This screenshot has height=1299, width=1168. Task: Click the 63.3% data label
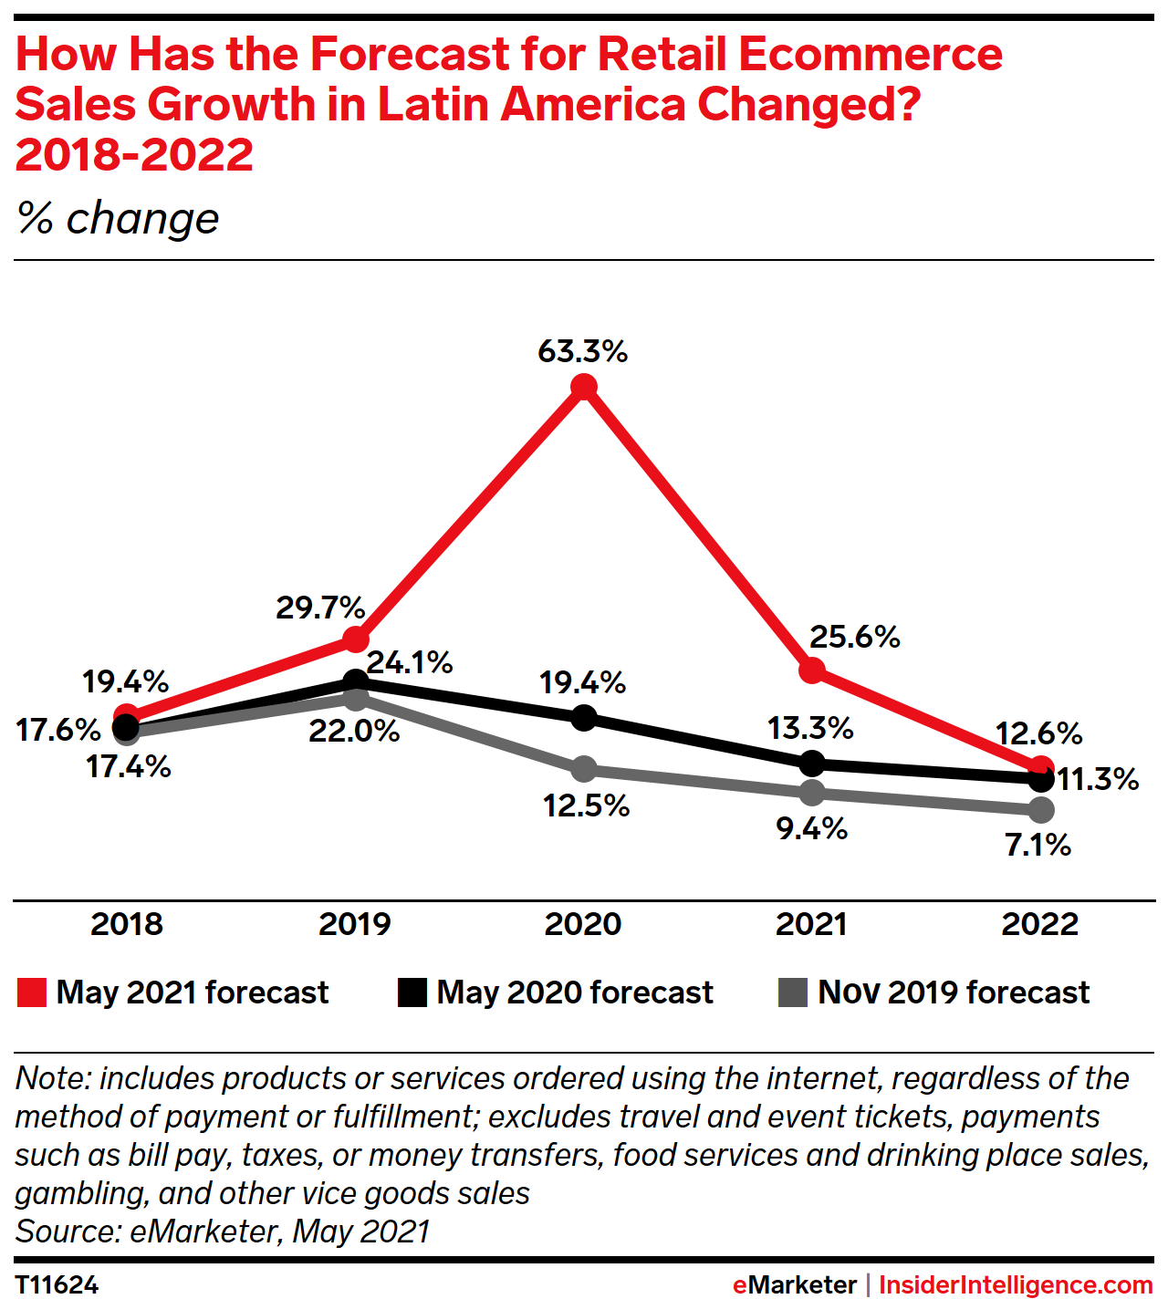(582, 351)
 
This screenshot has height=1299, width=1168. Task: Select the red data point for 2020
(584, 388)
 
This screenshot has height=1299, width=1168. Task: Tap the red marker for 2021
(811, 670)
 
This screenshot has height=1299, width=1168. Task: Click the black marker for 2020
(584, 718)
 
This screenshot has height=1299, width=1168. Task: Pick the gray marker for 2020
(584, 769)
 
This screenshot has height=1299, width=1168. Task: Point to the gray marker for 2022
(1040, 809)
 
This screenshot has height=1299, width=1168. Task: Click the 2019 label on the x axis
(355, 924)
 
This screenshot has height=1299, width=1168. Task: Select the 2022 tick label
(1040, 924)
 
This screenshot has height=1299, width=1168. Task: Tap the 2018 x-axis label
(127, 924)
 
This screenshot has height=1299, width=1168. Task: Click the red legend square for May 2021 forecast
(32, 992)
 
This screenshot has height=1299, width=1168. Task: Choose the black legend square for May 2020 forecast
(412, 992)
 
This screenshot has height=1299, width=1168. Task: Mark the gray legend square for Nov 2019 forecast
(793, 992)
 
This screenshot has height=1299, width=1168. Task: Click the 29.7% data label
(320, 608)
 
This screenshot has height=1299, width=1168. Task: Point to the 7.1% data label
(1038, 846)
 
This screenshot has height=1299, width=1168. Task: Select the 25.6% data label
(854, 637)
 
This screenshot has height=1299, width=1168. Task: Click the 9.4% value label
(811, 829)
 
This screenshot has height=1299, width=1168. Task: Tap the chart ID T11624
(57, 1284)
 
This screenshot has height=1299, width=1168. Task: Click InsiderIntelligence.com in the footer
(1016, 1284)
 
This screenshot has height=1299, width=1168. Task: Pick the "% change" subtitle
(118, 219)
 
